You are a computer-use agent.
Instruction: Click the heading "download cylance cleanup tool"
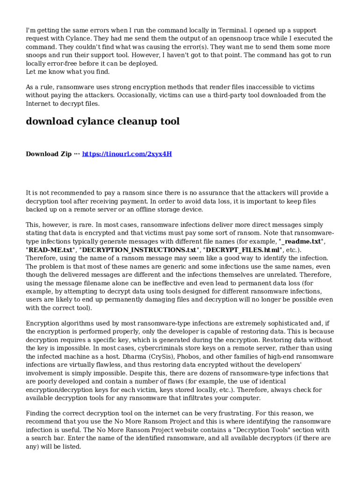(102, 122)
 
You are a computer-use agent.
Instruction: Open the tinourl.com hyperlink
(127, 154)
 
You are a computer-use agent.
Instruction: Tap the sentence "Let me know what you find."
(68, 72)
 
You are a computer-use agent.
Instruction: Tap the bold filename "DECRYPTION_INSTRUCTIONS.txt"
(138, 250)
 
